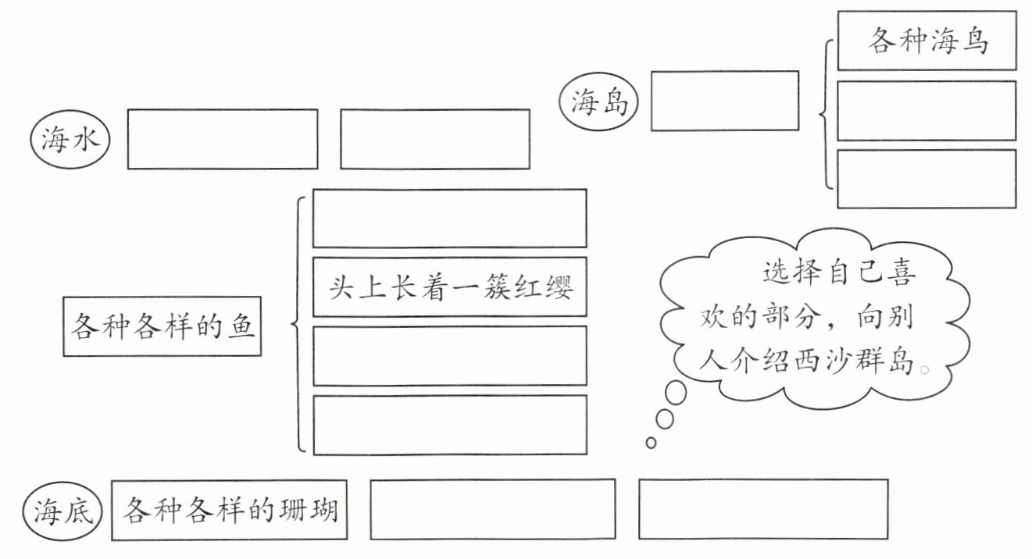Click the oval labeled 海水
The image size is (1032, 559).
click(70, 141)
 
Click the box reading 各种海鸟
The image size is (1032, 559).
click(927, 41)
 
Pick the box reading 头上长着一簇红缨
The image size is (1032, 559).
click(449, 287)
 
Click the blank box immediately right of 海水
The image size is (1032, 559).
click(223, 139)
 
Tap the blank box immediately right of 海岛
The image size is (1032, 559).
click(724, 101)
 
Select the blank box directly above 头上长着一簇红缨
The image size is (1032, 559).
click(449, 218)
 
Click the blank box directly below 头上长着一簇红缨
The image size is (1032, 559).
click(449, 356)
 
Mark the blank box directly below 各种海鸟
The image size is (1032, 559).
click(927, 111)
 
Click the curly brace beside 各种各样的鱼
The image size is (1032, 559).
click(299, 324)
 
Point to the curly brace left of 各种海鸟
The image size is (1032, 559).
click(826, 116)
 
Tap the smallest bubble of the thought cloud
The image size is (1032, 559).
click(651, 443)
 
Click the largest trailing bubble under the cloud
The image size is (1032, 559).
click(676, 393)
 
